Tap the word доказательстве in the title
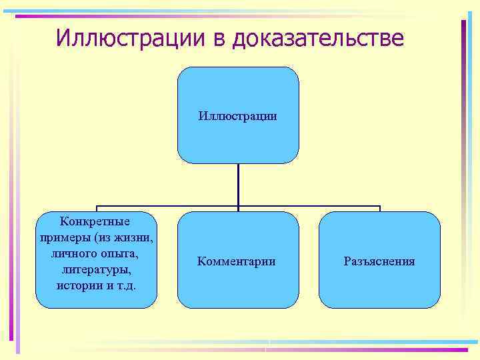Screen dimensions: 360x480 pyautogui.click(x=317, y=37)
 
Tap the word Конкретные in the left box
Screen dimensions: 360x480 pyautogui.click(x=95, y=221)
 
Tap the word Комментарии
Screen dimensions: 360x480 pyautogui.click(x=236, y=261)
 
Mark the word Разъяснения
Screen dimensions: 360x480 pyautogui.click(x=379, y=261)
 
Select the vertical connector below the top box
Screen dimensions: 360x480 pyautogui.click(x=238, y=185)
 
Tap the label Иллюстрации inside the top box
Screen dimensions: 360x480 pyautogui.click(x=237, y=117)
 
